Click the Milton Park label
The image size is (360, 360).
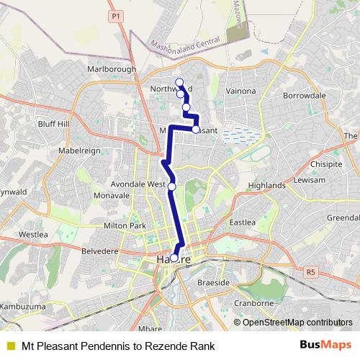(125, 226)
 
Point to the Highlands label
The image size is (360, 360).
(266, 185)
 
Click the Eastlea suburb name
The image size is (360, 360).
(242, 223)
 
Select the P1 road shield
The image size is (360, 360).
(115, 14)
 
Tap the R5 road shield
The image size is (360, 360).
(310, 272)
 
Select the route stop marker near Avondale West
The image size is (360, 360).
(171, 186)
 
